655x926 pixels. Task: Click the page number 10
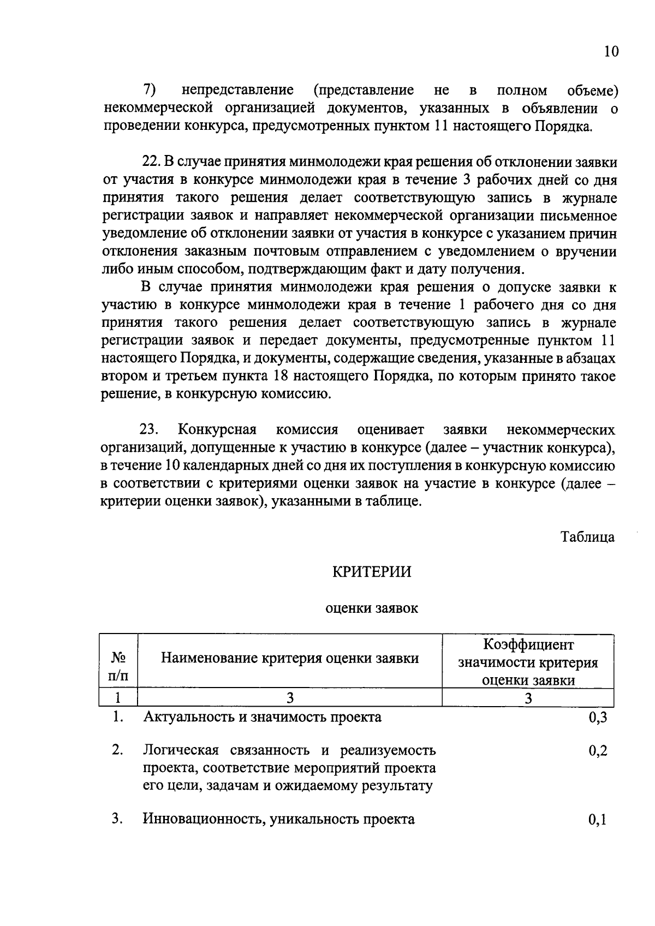click(x=611, y=52)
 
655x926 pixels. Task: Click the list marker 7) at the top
click(x=150, y=89)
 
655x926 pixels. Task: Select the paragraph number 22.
click(x=150, y=162)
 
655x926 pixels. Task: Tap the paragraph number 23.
click(x=149, y=429)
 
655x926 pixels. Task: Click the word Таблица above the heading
click(x=588, y=537)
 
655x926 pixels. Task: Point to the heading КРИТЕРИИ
click(x=372, y=572)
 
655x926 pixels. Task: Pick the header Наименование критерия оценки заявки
click(x=290, y=658)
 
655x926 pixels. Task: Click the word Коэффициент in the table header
click(x=528, y=645)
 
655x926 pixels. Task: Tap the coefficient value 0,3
click(x=598, y=718)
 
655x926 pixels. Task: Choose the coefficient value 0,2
click(x=598, y=751)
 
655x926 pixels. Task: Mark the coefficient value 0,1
click(x=598, y=820)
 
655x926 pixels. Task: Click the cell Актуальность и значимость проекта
click(x=262, y=717)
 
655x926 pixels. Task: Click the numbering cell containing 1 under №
click(x=118, y=698)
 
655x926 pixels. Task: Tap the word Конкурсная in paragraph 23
click(x=217, y=429)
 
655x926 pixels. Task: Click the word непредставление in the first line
click(x=237, y=89)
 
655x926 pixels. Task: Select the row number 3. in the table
click(x=117, y=819)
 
